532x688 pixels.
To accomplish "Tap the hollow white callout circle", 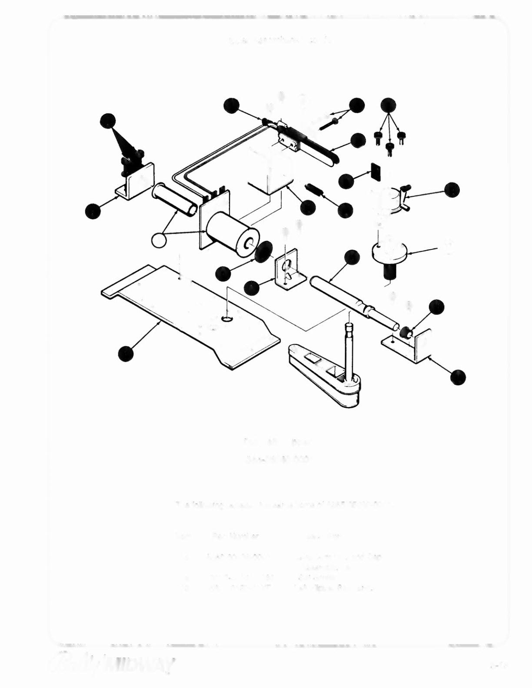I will tap(159, 240).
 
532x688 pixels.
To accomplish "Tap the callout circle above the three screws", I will tap(388, 106).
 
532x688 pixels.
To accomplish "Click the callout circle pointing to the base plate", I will tap(126, 353).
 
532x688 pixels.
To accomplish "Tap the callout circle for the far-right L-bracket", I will tap(458, 377).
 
